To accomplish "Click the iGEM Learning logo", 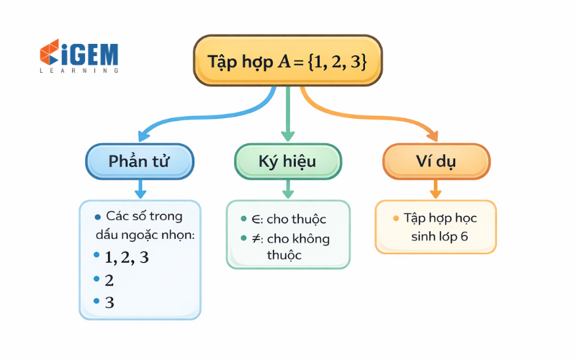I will coord(79,57).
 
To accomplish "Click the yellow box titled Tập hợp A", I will coord(287,61).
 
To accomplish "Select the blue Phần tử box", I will coord(140,161).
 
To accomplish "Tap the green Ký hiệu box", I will coord(287,161).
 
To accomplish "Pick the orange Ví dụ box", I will coord(436,161).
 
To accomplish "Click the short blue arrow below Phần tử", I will coord(140,189).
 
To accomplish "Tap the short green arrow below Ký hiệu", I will coord(288,189).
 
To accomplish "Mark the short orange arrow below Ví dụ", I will coord(436,189).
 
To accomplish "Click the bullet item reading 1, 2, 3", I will coord(127,257).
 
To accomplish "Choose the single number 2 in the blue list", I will coord(109,280).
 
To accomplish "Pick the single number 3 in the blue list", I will coord(109,302).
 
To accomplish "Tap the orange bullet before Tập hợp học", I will coord(395,218).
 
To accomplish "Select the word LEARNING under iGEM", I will coord(79,71).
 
